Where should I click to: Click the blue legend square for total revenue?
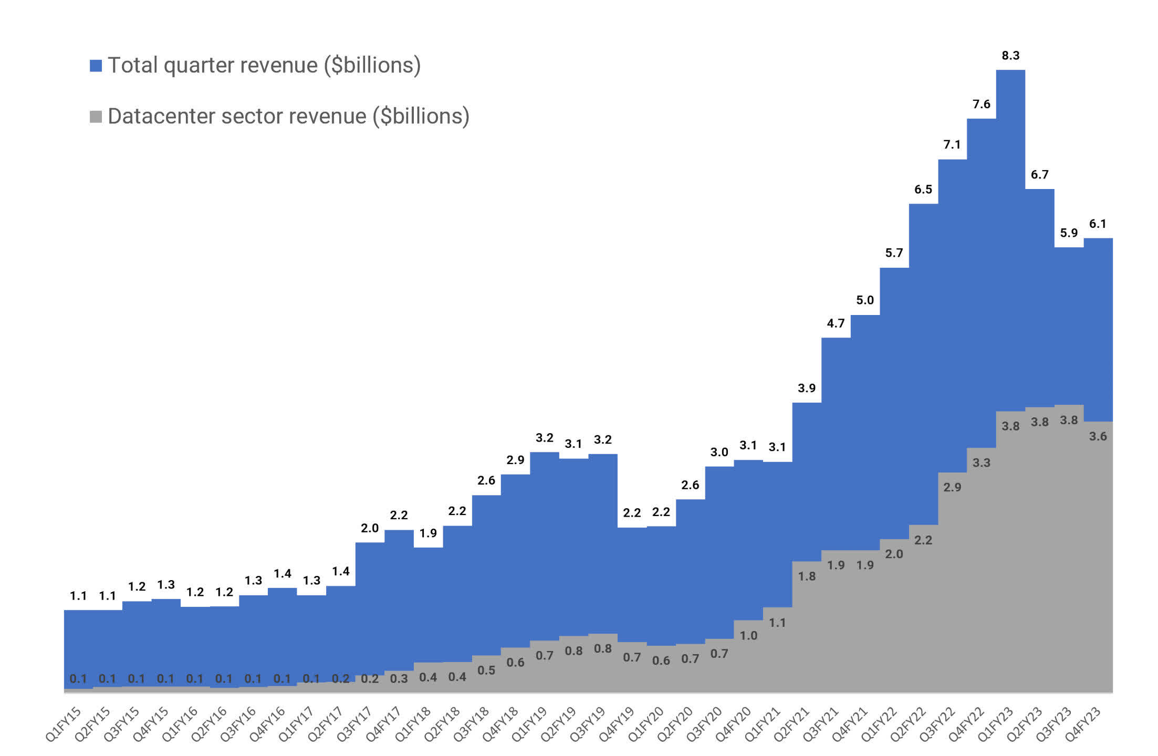96,66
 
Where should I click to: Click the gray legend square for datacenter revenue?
96,117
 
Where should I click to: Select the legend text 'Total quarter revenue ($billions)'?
264,66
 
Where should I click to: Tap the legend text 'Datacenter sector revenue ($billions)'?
288,117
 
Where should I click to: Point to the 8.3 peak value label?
1010,56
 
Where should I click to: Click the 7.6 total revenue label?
981,104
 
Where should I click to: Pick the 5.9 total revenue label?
1069,233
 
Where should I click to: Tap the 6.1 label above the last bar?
1098,224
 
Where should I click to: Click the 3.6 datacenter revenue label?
1098,436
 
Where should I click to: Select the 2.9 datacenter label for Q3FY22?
952,487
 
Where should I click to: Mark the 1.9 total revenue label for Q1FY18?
428,533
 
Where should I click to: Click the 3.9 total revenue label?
807,388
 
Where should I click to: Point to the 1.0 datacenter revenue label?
748,636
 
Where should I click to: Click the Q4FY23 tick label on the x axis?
1083,724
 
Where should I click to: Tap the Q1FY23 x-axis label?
996,724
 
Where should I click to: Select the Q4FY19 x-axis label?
618,724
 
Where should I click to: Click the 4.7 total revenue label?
836,323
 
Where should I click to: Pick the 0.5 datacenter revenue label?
486,670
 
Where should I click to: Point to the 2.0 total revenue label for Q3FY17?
370,528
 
